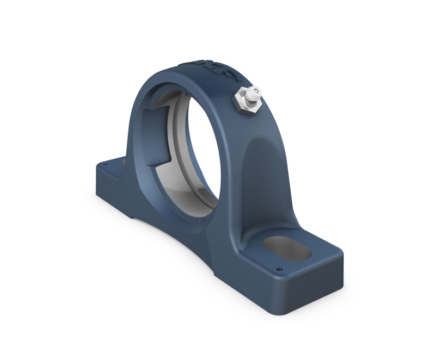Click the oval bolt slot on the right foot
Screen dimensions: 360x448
pyautogui.click(x=287, y=249)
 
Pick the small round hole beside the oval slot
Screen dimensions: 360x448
pyautogui.click(x=280, y=269)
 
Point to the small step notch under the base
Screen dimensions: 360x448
pyautogui.click(x=133, y=218)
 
